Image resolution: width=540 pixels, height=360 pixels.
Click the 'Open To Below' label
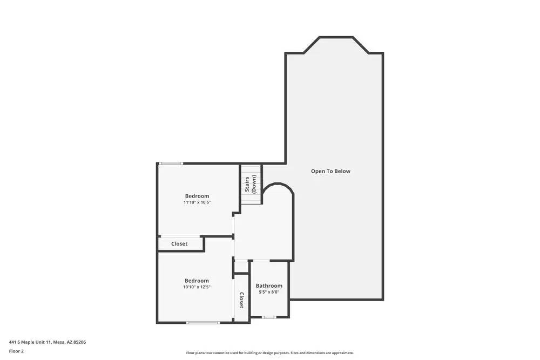pyautogui.click(x=330, y=171)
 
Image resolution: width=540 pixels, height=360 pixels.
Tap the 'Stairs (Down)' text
pyautogui.click(x=251, y=184)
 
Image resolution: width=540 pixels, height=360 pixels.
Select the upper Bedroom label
pyautogui.click(x=197, y=196)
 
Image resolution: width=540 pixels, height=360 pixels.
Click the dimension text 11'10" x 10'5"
pyautogui.click(x=197, y=202)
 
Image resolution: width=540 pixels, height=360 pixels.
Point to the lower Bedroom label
pyautogui.click(x=197, y=281)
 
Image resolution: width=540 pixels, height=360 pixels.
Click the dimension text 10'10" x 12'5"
pyautogui.click(x=197, y=287)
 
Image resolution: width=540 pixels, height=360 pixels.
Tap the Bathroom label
pyautogui.click(x=269, y=286)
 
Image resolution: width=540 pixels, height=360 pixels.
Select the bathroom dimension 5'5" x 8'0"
pyautogui.click(x=269, y=292)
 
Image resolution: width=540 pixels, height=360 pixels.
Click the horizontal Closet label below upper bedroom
pyautogui.click(x=179, y=244)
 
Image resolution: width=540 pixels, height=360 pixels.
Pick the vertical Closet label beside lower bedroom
pyautogui.click(x=241, y=300)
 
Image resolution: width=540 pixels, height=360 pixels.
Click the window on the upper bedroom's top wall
pyautogui.click(x=171, y=163)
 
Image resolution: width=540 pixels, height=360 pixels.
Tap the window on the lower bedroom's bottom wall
pyautogui.click(x=203, y=323)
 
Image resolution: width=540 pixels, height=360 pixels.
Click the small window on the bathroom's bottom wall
pyautogui.click(x=269, y=317)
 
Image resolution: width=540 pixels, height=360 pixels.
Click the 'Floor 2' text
pyautogui.click(x=16, y=351)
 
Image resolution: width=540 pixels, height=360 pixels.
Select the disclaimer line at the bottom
pyautogui.click(x=270, y=353)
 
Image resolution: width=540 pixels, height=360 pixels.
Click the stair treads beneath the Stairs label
pyautogui.click(x=251, y=198)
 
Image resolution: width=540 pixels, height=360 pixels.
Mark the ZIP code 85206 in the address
pyautogui.click(x=79, y=342)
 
